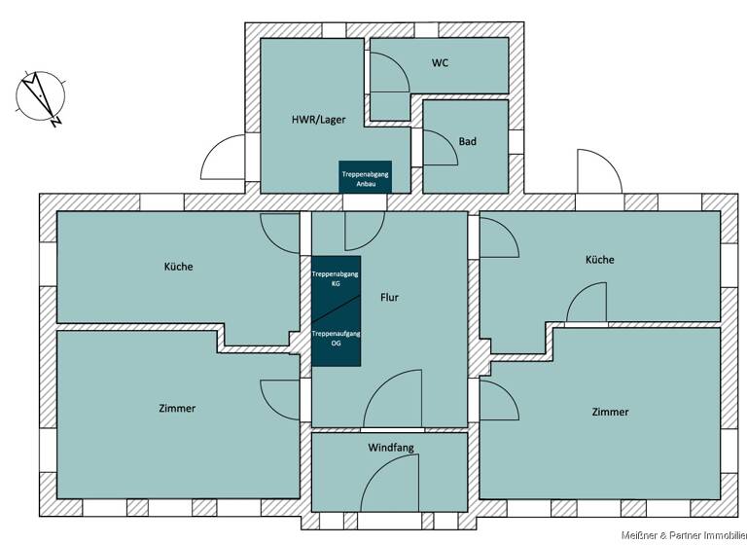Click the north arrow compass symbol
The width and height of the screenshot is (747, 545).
click(x=41, y=97)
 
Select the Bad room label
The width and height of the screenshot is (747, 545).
click(x=468, y=142)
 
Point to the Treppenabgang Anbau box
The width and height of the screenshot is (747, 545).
click(x=365, y=177)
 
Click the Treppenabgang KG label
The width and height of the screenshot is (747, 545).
click(x=336, y=279)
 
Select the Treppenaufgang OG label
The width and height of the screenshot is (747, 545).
click(x=336, y=338)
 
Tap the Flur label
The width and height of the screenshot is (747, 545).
click(x=389, y=298)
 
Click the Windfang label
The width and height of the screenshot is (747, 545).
click(x=391, y=449)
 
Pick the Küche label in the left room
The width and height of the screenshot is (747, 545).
click(x=178, y=267)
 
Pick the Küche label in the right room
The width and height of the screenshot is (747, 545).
click(x=599, y=260)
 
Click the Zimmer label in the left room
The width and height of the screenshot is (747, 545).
click(x=176, y=409)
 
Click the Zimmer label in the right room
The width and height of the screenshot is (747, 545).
click(x=610, y=413)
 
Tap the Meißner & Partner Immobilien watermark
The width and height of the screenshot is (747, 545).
click(x=684, y=535)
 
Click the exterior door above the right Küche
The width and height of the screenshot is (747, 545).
click(x=596, y=171)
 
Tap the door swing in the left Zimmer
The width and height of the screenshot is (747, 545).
click(x=280, y=399)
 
